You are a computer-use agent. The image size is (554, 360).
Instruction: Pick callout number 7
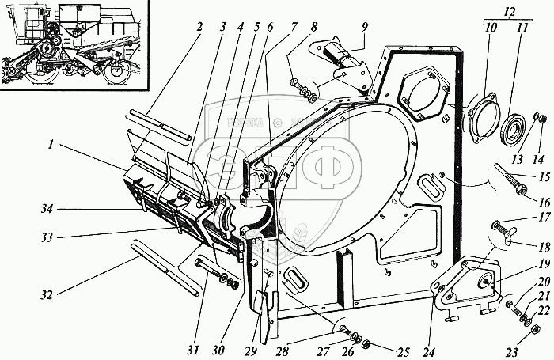(x=294, y=25)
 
